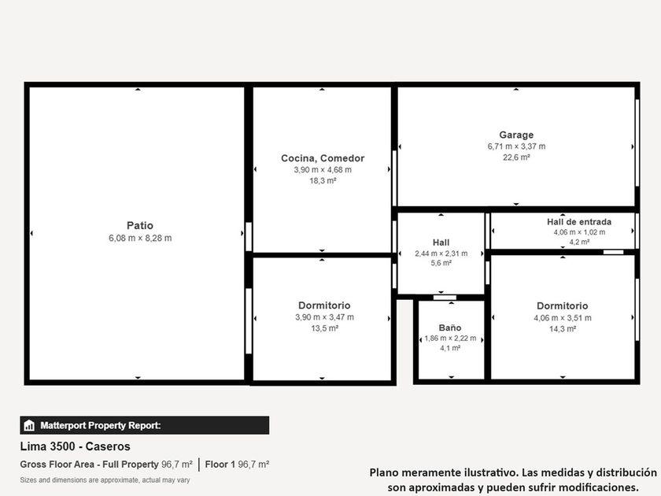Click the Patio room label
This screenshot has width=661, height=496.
[x=140, y=225]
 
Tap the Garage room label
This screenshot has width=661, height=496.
[x=516, y=135]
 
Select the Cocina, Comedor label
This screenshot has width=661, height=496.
[x=323, y=158]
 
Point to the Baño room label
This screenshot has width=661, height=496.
[x=450, y=328]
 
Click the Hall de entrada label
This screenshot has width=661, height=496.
[x=579, y=222]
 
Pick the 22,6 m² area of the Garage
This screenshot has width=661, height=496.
[x=516, y=157]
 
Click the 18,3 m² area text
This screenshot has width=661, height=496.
[x=323, y=180]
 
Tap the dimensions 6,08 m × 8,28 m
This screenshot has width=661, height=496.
[x=140, y=238]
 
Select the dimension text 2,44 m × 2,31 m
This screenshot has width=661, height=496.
[x=441, y=254]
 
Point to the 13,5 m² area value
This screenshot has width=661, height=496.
[x=324, y=328]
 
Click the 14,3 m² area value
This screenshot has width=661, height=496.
[x=563, y=329]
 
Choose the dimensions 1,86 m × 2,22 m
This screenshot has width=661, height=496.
[x=450, y=339]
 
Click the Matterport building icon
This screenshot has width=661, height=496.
[x=29, y=425]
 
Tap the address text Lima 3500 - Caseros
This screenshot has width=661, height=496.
[x=75, y=446]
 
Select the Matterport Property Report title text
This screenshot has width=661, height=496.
[x=101, y=425]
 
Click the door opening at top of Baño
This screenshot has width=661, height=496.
[x=445, y=298]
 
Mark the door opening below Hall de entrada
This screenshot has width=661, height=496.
[x=613, y=252]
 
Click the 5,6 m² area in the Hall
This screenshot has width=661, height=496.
[x=441, y=263]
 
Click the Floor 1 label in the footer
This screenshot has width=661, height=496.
[x=220, y=465]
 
